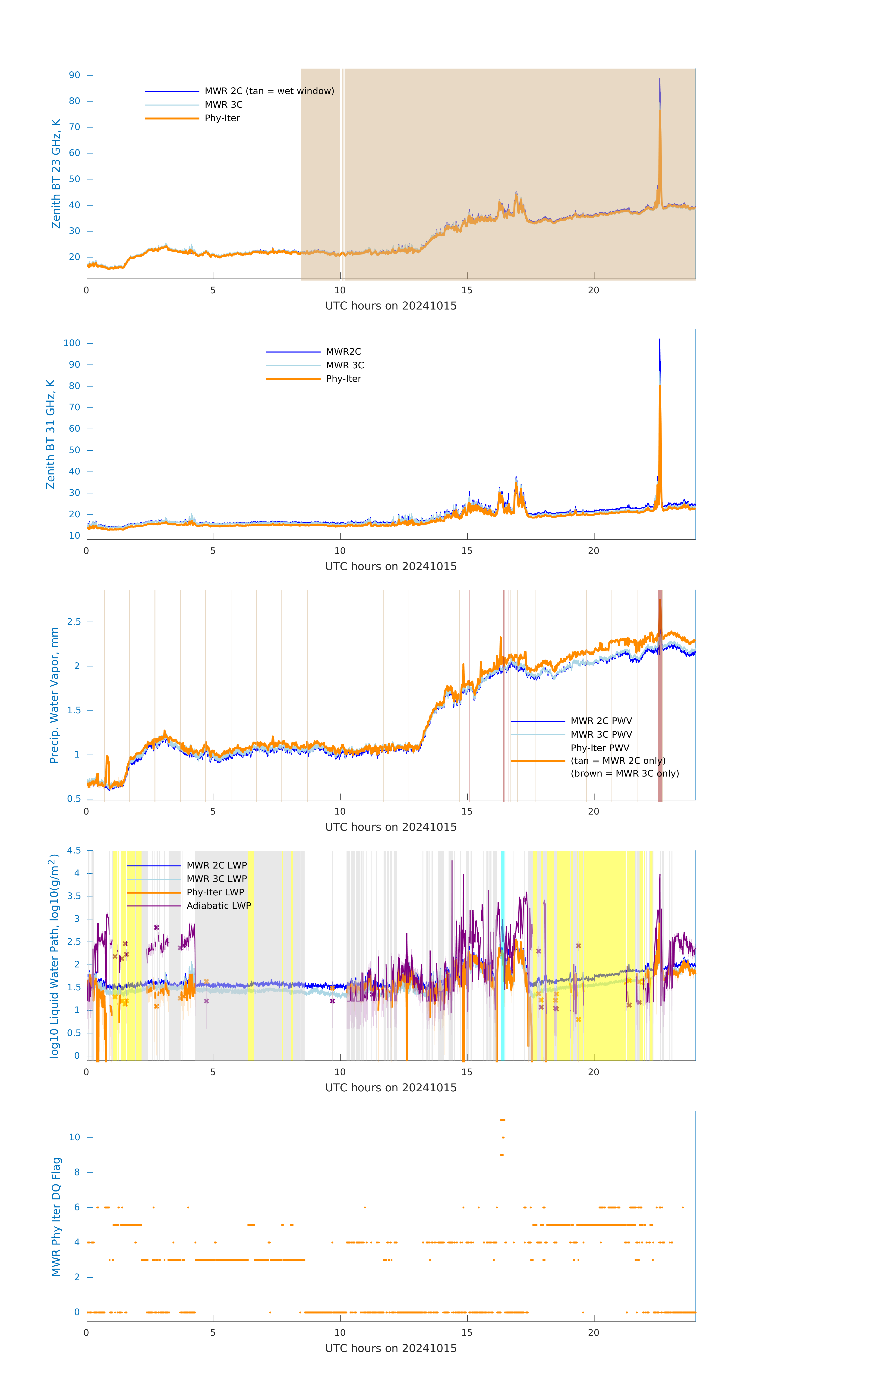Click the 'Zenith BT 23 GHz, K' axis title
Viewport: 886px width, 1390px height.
click(56, 174)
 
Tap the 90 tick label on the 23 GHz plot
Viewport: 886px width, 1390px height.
click(74, 75)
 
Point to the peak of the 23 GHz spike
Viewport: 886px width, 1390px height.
click(660, 79)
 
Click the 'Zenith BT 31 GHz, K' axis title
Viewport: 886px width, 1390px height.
click(51, 434)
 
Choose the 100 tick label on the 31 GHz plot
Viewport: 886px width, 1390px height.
click(72, 343)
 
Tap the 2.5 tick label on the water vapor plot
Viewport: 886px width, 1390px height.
click(74, 622)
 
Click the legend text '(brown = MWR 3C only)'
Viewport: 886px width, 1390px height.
click(624, 774)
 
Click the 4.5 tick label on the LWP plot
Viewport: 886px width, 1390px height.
click(74, 850)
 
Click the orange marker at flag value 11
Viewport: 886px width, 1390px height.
click(502, 1120)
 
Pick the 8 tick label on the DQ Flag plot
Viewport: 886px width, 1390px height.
click(77, 1172)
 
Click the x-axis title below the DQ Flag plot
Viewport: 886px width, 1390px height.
click(391, 1349)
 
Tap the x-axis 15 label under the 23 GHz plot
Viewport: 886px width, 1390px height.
click(466, 290)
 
